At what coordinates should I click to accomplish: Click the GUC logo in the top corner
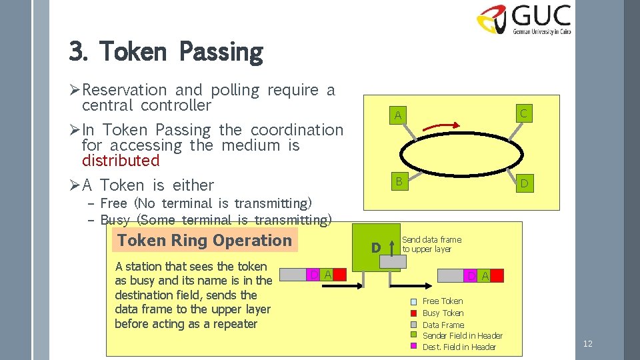coord(524,19)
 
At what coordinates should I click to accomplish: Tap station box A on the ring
coord(398,115)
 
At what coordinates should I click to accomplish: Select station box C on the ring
coord(523,113)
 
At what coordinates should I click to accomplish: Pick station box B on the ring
coord(398,181)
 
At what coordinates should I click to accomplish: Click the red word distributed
coord(121,161)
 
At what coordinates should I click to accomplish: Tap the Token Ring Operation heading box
coord(205,241)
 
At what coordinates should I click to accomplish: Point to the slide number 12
coord(587,344)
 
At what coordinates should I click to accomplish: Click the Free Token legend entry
coord(442,301)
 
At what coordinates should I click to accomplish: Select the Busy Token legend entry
coord(443,313)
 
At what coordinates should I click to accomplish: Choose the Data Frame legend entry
coord(443,325)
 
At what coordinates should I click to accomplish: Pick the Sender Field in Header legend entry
coord(462,336)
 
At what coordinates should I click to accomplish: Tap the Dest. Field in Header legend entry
coord(459,347)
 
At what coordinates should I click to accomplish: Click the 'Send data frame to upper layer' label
coord(431,245)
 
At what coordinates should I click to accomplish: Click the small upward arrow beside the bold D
coord(393,247)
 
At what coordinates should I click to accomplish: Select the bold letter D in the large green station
coord(375,248)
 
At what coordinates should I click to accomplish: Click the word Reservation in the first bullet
coord(124,90)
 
